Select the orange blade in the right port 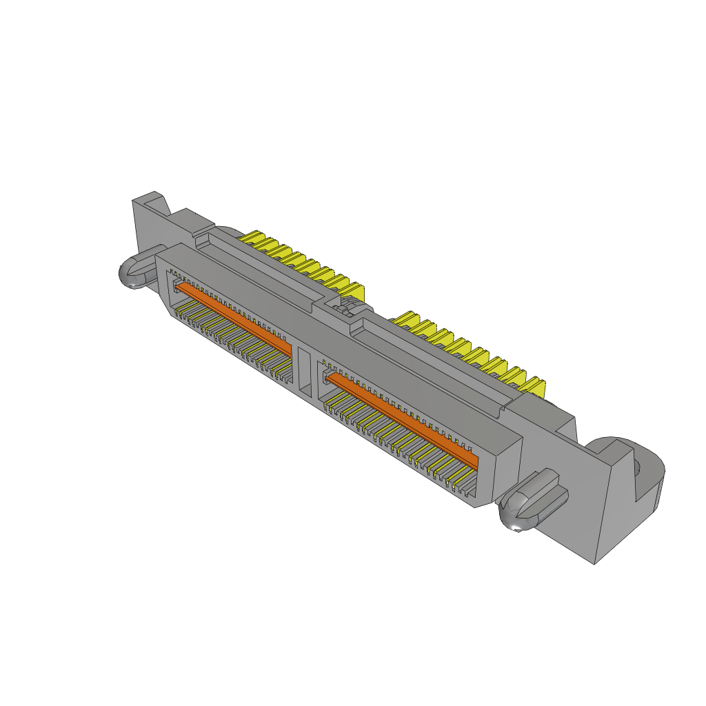[x=403, y=418]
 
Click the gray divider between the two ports [x=303, y=372]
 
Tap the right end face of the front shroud [x=507, y=469]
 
